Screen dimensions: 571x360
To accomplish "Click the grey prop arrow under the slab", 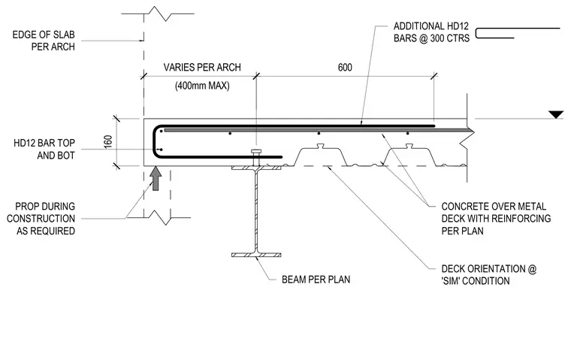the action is (156, 179).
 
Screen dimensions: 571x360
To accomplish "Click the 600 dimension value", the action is (345, 68).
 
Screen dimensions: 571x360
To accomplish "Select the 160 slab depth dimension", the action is (108, 142).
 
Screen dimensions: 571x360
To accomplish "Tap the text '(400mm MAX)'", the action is (202, 86).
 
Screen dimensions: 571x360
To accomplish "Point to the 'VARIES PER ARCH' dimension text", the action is (202, 68).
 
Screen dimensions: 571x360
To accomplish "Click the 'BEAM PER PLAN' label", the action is (316, 280).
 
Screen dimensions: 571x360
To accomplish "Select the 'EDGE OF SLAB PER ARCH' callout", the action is (44, 41).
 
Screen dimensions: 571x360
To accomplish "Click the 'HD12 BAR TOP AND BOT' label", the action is (44, 149).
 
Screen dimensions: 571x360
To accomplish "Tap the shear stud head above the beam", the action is (256, 151).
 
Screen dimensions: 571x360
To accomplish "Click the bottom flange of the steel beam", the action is (256, 255).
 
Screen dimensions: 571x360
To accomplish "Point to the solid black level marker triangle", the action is (556, 115).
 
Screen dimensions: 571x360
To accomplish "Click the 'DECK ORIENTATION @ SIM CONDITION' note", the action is (488, 275).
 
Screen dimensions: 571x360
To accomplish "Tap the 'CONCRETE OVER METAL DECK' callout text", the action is (496, 219).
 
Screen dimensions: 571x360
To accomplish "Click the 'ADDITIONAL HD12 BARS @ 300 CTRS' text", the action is (431, 32).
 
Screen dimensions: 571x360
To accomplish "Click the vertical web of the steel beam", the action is (256, 211).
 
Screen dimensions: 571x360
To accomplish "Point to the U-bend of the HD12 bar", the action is (155, 141).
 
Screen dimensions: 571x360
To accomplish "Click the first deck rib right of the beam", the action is (320, 156).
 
